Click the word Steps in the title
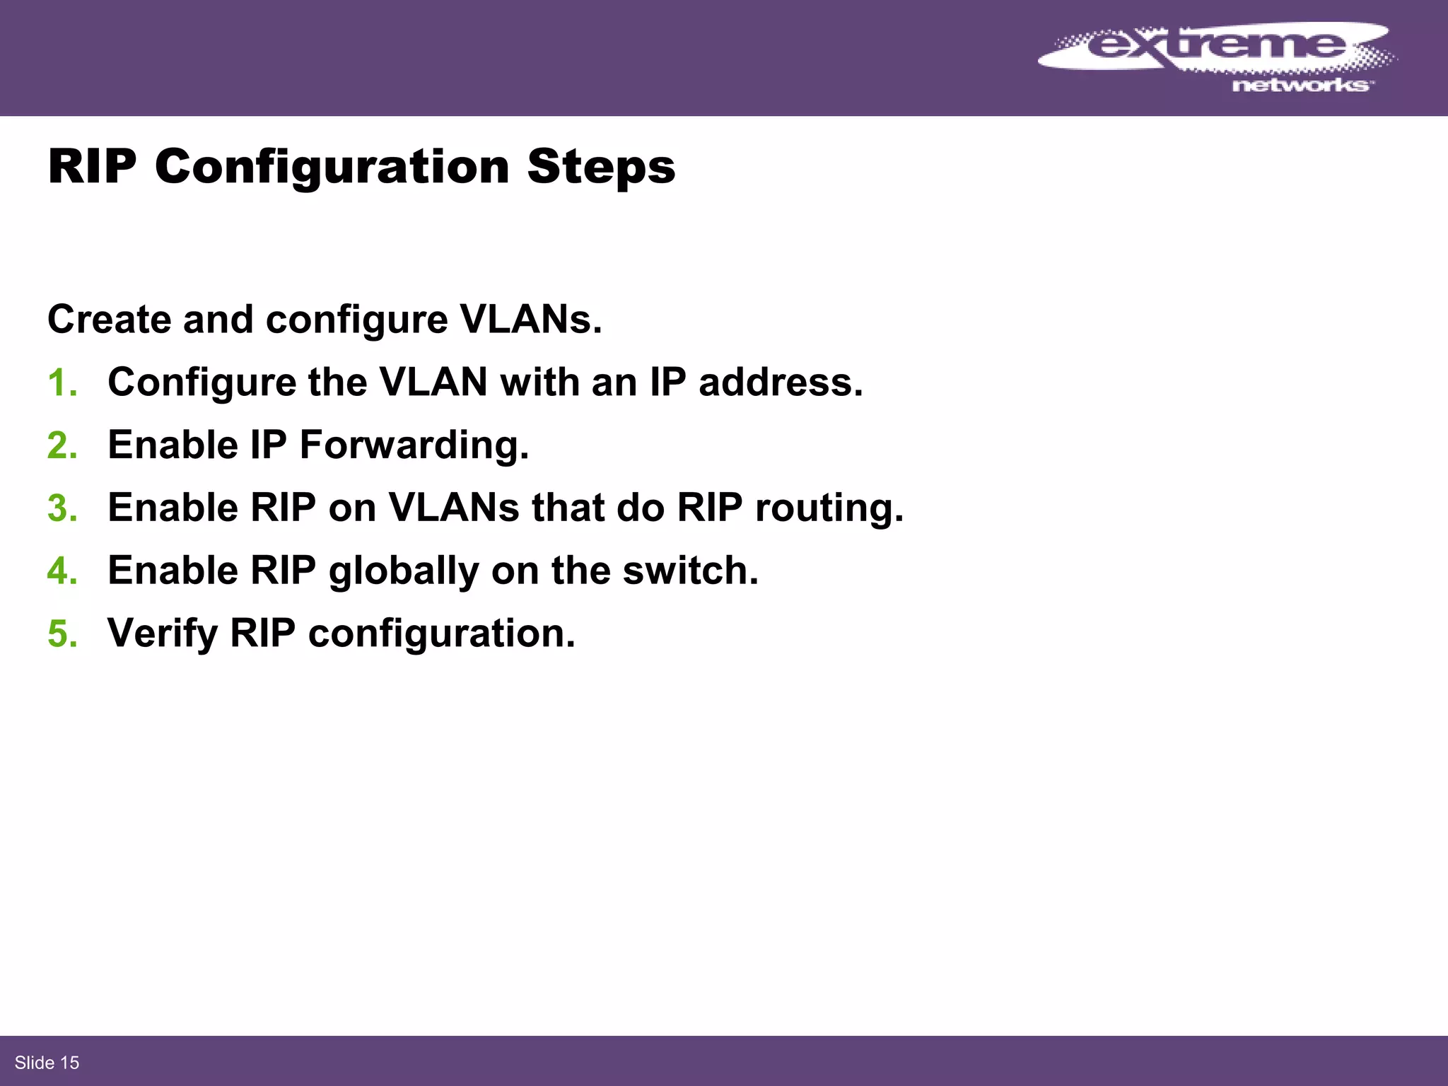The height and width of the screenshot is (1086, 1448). (x=601, y=167)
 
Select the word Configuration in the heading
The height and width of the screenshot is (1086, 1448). (x=332, y=167)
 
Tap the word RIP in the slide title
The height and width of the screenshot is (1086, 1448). (x=92, y=167)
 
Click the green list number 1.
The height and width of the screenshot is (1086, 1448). (x=62, y=383)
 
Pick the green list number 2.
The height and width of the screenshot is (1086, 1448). (x=62, y=446)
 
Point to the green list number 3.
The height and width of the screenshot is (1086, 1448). (x=62, y=509)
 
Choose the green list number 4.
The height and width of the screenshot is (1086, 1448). (x=62, y=571)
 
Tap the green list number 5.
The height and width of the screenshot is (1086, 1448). (x=62, y=634)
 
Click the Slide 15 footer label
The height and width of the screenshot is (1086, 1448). (x=47, y=1063)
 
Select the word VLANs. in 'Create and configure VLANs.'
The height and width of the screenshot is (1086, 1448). (x=531, y=320)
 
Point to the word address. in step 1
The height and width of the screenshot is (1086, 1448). (x=781, y=383)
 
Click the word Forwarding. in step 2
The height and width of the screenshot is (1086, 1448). (x=414, y=446)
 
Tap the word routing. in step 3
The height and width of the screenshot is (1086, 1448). (x=829, y=508)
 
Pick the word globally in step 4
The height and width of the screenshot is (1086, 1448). (x=404, y=571)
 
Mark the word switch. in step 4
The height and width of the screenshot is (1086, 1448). (x=690, y=571)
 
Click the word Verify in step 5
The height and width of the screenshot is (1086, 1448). (x=163, y=633)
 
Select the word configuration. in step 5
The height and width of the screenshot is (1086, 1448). (x=442, y=633)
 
